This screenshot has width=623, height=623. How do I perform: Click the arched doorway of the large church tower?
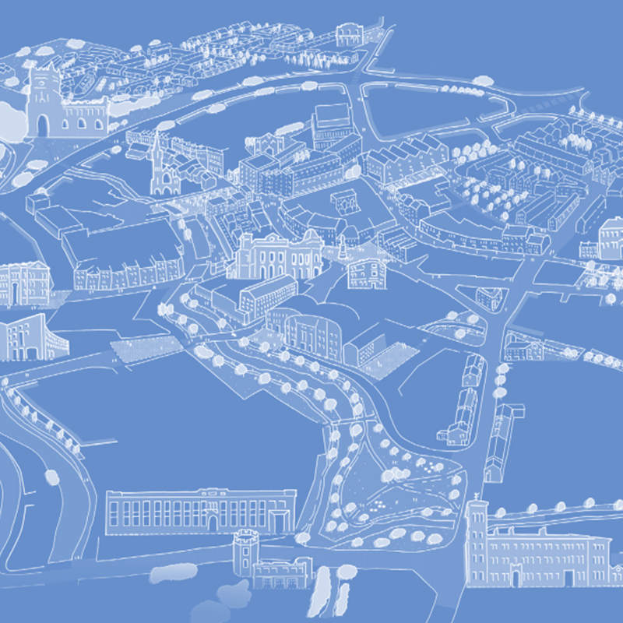pos(42,125)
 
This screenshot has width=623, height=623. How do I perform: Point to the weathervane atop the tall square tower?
pos(475,496)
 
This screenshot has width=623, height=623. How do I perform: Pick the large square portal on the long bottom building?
pos(279,516)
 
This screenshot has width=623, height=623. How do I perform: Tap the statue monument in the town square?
pos(343,248)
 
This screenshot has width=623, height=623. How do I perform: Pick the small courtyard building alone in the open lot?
pos(343,200)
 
